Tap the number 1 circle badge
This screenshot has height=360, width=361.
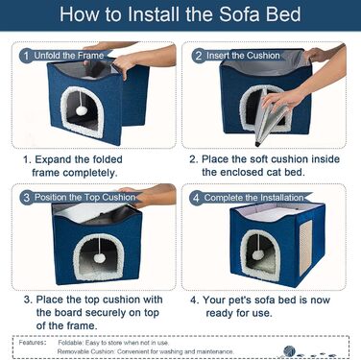coord(26,56)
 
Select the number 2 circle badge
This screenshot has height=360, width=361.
coord(199,56)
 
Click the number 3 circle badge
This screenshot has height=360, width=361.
coord(27,198)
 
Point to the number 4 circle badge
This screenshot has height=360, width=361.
coord(196,198)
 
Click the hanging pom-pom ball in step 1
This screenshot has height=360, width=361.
coord(80,110)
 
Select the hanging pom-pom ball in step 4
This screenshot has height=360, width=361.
coord(257,255)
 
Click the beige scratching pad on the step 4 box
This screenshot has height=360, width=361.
coord(305,248)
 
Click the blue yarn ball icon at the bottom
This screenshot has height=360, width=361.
coord(289,351)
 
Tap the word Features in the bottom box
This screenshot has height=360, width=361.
coord(32,343)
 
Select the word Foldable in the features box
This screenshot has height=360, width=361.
coord(70,343)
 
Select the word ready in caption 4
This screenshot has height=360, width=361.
coord(219,313)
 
